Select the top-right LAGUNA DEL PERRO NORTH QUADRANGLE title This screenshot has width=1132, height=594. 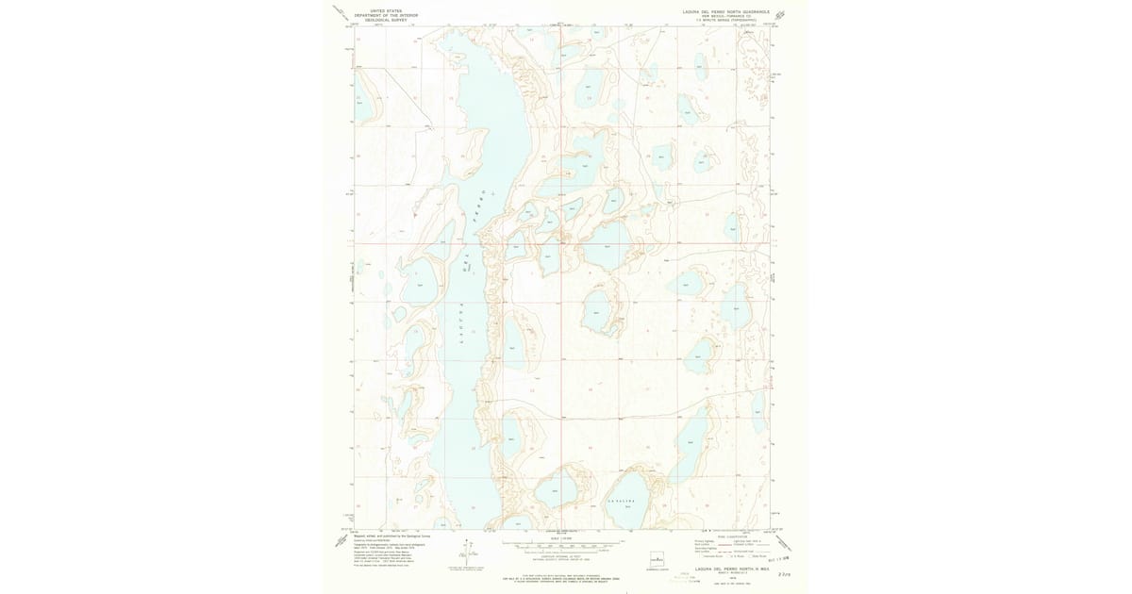[726, 11]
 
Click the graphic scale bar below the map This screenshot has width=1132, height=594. [563, 544]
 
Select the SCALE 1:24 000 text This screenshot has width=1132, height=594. [563, 538]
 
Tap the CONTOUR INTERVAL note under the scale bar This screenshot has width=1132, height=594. [563, 555]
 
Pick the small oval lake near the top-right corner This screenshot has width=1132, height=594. [701, 65]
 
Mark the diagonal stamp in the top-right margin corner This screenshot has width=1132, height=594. [779, 15]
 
